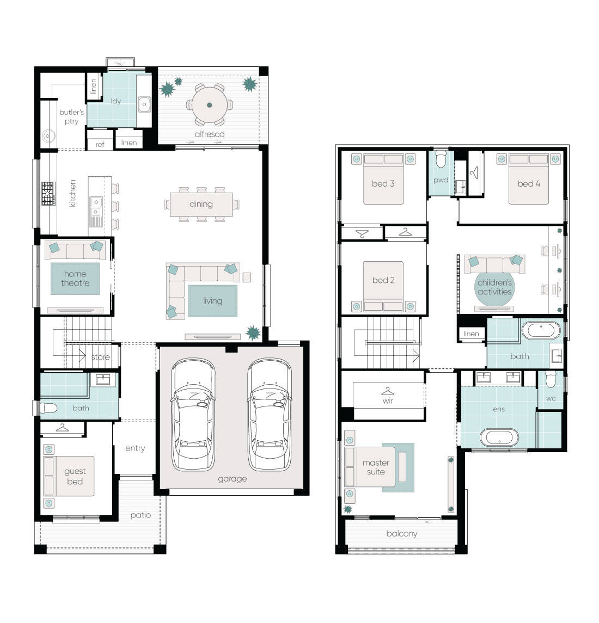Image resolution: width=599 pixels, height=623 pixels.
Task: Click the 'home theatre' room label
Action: (x=75, y=279)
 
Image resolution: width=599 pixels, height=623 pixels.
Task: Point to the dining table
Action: (x=201, y=204)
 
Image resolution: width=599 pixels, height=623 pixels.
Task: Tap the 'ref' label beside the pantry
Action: (x=100, y=144)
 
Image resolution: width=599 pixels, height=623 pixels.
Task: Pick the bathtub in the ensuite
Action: (x=498, y=438)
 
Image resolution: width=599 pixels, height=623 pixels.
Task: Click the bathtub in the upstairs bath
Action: (x=541, y=330)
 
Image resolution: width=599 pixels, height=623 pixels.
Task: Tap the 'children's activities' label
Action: (x=494, y=287)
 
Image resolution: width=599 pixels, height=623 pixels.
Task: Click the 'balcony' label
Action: (x=402, y=534)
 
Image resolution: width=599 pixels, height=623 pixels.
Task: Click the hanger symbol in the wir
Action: (x=388, y=391)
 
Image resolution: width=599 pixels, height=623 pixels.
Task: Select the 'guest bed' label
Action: (x=75, y=476)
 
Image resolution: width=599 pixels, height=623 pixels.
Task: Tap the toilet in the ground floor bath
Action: (x=48, y=408)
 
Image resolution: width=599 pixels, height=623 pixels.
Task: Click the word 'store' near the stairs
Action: (x=100, y=357)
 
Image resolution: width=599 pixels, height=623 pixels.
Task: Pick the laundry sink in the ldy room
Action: (x=144, y=102)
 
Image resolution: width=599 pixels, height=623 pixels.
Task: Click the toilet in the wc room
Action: (x=551, y=379)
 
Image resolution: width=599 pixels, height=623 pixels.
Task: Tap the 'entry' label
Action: (x=135, y=448)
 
